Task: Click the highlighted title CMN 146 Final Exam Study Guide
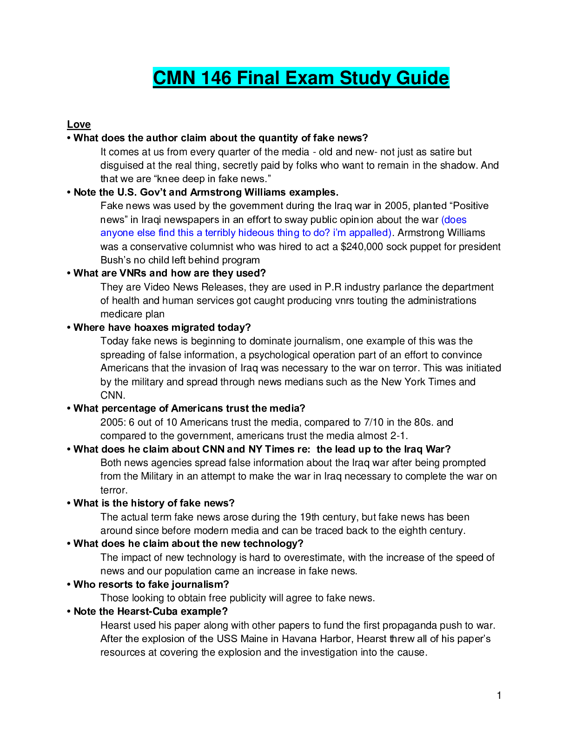pyautogui.click(x=301, y=78)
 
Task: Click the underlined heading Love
pyautogui.click(x=79, y=125)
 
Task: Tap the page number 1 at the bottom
pyautogui.click(x=499, y=696)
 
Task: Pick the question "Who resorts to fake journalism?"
pyautogui.click(x=151, y=585)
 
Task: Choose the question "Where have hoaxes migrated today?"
pyautogui.click(x=162, y=328)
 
